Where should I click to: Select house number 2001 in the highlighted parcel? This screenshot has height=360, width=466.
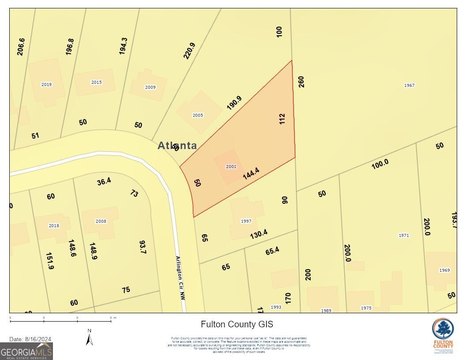231,165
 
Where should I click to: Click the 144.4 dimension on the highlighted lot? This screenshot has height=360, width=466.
251,174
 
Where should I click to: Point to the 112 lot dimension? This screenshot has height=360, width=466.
283,119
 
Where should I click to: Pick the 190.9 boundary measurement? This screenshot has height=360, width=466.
233,101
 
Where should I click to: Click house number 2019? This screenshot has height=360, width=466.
46,85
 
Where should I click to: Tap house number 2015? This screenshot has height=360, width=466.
96,82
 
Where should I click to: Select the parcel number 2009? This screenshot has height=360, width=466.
150,88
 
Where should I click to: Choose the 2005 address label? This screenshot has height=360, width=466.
198,115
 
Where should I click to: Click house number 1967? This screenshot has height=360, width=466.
409,86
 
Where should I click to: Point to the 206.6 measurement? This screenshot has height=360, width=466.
19,46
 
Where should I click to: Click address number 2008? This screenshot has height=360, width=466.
100,220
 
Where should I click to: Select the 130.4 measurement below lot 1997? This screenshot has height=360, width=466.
259,234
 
